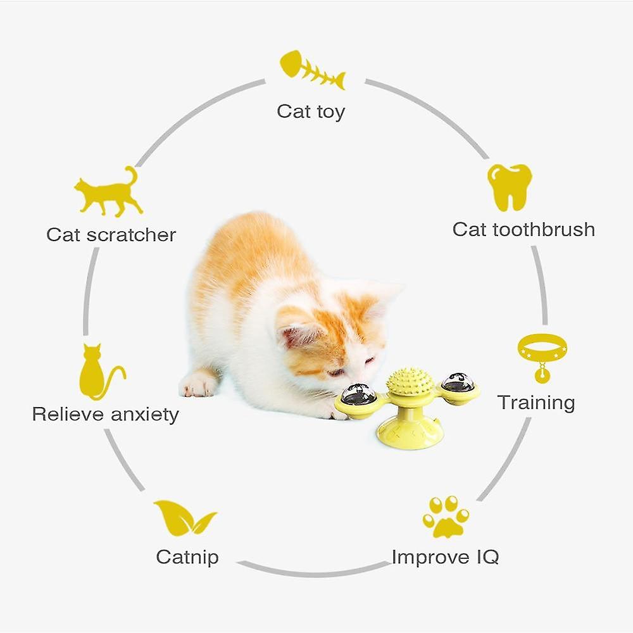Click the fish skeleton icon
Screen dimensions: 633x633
313,70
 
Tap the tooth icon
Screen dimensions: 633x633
510,187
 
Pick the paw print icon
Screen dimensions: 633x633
446,517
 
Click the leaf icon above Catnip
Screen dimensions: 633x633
185,518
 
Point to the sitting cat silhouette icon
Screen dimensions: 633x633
101,372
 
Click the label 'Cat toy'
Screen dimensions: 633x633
311,112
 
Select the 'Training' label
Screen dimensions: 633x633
536,403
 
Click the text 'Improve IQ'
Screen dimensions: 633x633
445,558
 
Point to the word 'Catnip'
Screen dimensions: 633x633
187,558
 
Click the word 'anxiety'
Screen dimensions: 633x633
144,415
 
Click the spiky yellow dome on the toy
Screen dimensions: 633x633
410,382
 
